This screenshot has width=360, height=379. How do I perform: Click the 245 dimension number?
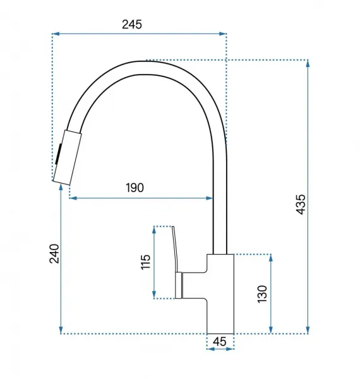click(131, 25)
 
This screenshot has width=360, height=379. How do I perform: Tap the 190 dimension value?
click(135, 188)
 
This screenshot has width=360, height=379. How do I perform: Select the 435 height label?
click(301, 204)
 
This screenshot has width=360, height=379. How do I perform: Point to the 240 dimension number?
click(54, 253)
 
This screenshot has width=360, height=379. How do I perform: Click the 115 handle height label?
click(145, 262)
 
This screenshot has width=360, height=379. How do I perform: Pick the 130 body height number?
click(262, 294)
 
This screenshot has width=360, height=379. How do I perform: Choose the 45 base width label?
click(220, 342)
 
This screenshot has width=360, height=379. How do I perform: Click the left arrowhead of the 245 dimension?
click(56, 34)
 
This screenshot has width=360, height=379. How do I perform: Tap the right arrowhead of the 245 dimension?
click(223, 34)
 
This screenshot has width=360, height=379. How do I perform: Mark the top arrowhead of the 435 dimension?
click(308, 63)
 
